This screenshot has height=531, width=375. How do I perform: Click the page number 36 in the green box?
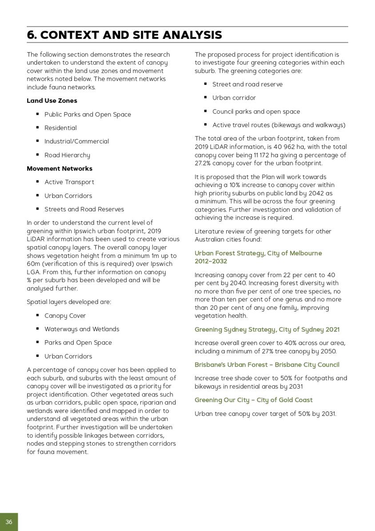(x=9, y=522)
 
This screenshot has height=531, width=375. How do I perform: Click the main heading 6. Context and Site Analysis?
(x=124, y=35)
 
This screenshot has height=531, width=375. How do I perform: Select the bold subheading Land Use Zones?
(x=52, y=101)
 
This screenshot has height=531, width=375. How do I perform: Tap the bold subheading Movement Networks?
(x=60, y=168)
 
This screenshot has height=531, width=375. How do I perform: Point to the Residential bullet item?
(x=60, y=128)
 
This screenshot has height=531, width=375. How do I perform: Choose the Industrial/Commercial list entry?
(x=76, y=141)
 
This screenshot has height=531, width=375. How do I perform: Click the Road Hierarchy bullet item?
(x=67, y=155)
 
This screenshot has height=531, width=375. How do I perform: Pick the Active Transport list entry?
(x=69, y=182)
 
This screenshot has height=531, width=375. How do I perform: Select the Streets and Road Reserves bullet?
(x=84, y=209)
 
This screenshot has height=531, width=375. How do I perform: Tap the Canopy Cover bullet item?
(x=65, y=316)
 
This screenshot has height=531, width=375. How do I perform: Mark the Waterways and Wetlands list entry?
(x=82, y=329)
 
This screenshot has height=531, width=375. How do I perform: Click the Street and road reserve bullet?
(x=247, y=84)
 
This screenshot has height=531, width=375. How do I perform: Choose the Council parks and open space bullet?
(x=256, y=111)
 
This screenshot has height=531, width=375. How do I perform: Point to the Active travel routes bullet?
(x=279, y=125)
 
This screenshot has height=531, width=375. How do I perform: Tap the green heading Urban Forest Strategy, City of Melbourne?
(x=258, y=253)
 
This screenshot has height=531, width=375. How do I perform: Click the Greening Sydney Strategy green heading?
(x=267, y=329)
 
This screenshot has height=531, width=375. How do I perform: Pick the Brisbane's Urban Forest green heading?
(x=267, y=365)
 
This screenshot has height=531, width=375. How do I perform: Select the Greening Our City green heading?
(x=253, y=400)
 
